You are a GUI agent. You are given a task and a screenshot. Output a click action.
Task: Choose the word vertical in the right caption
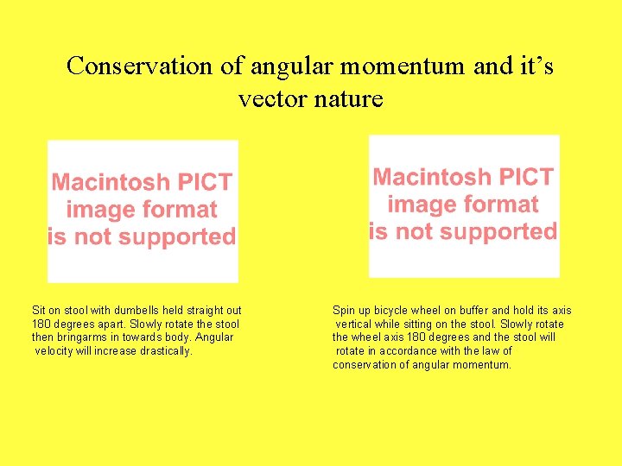click(x=355, y=324)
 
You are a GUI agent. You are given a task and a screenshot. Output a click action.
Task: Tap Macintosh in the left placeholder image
click(x=111, y=182)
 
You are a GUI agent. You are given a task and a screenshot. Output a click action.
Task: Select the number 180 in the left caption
click(x=41, y=324)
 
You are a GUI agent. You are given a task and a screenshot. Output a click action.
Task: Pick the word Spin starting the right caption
click(x=344, y=311)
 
